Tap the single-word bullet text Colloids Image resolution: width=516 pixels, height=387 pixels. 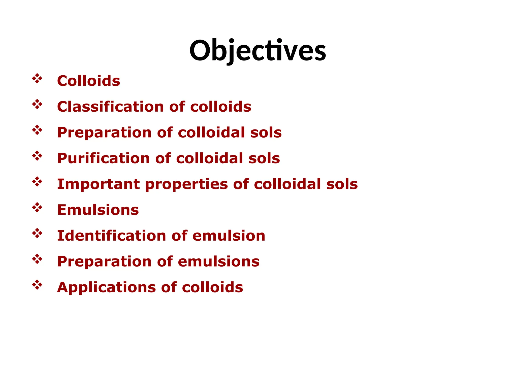click(88, 81)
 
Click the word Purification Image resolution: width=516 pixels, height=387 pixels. click(103, 158)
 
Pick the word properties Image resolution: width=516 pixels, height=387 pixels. click(186, 184)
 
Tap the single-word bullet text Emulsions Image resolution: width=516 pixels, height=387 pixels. click(98, 210)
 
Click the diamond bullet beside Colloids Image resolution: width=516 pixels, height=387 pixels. click(37, 79)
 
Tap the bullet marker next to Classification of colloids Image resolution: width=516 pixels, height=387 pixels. click(37, 104)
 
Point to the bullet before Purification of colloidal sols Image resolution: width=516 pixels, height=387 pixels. click(37, 156)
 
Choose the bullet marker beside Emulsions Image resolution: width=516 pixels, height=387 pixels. click(37, 208)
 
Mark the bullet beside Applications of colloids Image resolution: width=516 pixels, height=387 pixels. click(37, 285)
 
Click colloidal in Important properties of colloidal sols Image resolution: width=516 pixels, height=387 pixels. click(287, 184)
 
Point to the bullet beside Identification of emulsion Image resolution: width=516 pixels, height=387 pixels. click(37, 233)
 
